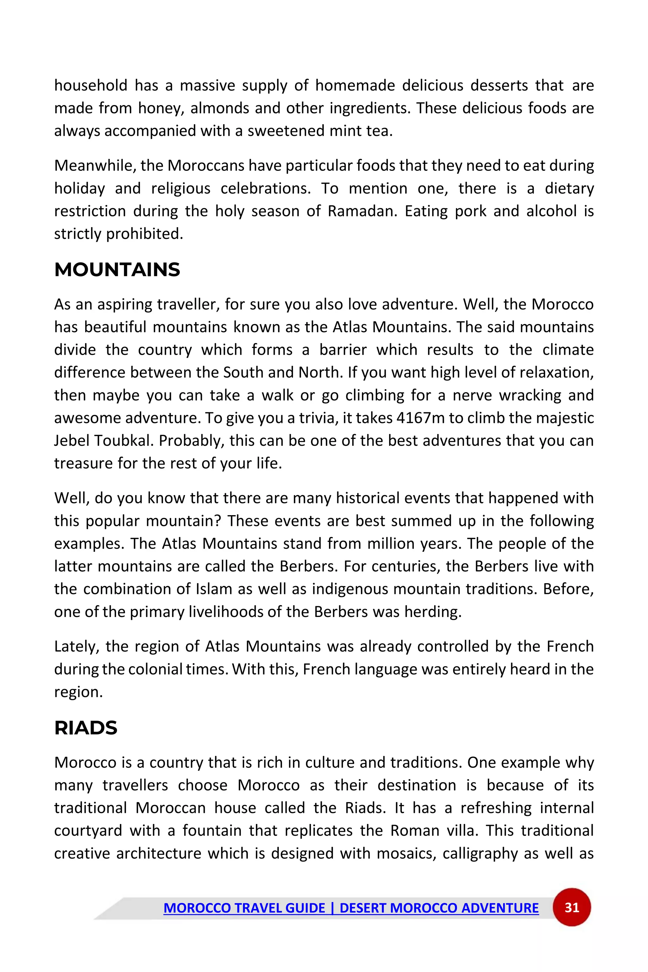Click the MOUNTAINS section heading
[x=117, y=270]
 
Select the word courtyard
[x=88, y=831]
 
